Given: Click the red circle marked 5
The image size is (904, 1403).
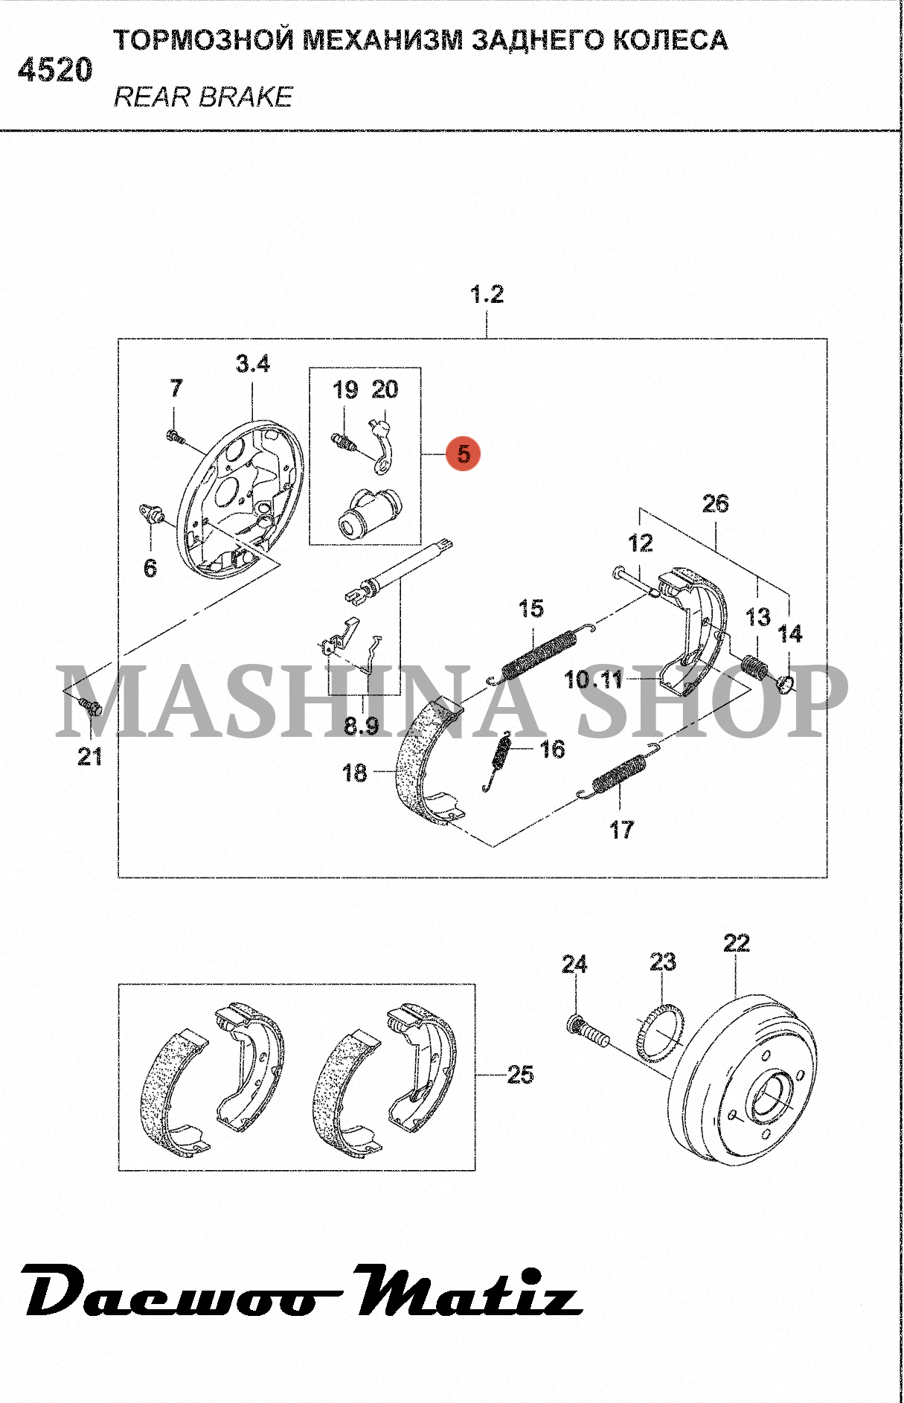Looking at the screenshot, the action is click(464, 453).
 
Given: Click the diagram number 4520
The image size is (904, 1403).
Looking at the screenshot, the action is click(55, 71).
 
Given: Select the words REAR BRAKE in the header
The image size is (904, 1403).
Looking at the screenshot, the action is click(203, 97).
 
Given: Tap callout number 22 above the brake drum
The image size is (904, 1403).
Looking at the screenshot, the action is click(737, 943).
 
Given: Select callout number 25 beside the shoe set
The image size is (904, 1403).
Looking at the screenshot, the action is click(520, 1074).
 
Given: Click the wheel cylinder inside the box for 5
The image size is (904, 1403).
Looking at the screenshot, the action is click(366, 513).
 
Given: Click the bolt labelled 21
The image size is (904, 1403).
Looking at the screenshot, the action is click(92, 706).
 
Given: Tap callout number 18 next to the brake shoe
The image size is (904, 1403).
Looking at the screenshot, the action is click(355, 773).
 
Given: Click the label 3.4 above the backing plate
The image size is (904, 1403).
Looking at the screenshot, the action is click(252, 364).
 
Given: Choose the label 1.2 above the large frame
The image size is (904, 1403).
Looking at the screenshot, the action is click(487, 294).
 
